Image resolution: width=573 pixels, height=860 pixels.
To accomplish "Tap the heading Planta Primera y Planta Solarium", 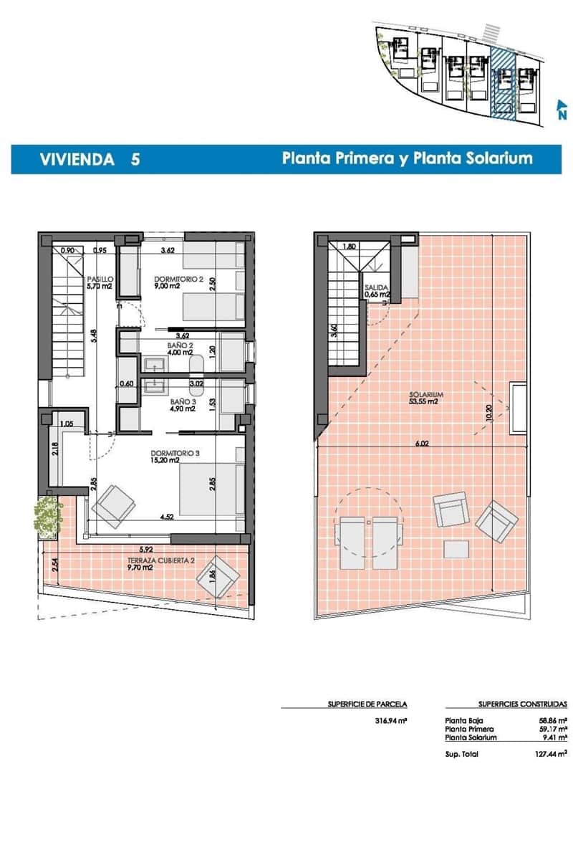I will click(407, 158).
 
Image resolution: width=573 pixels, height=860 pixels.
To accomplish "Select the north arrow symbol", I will click(562, 110).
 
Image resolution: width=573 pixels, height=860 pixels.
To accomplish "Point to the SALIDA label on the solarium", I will click(377, 290).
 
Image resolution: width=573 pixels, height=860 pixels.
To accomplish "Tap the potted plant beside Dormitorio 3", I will click(47, 515).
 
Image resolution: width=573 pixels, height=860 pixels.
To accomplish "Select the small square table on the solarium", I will click(456, 549).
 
